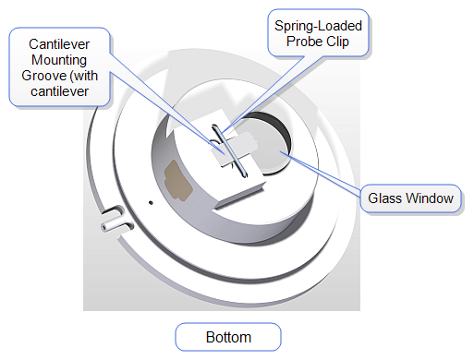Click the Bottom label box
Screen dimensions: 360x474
(x=227, y=336)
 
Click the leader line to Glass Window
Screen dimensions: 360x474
(x=323, y=174)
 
